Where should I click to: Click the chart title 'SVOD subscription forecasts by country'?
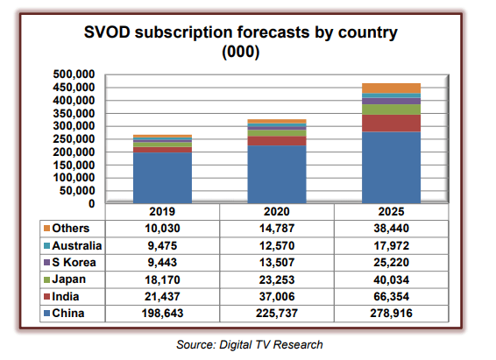(241, 34)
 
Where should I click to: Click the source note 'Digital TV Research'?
(271, 344)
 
